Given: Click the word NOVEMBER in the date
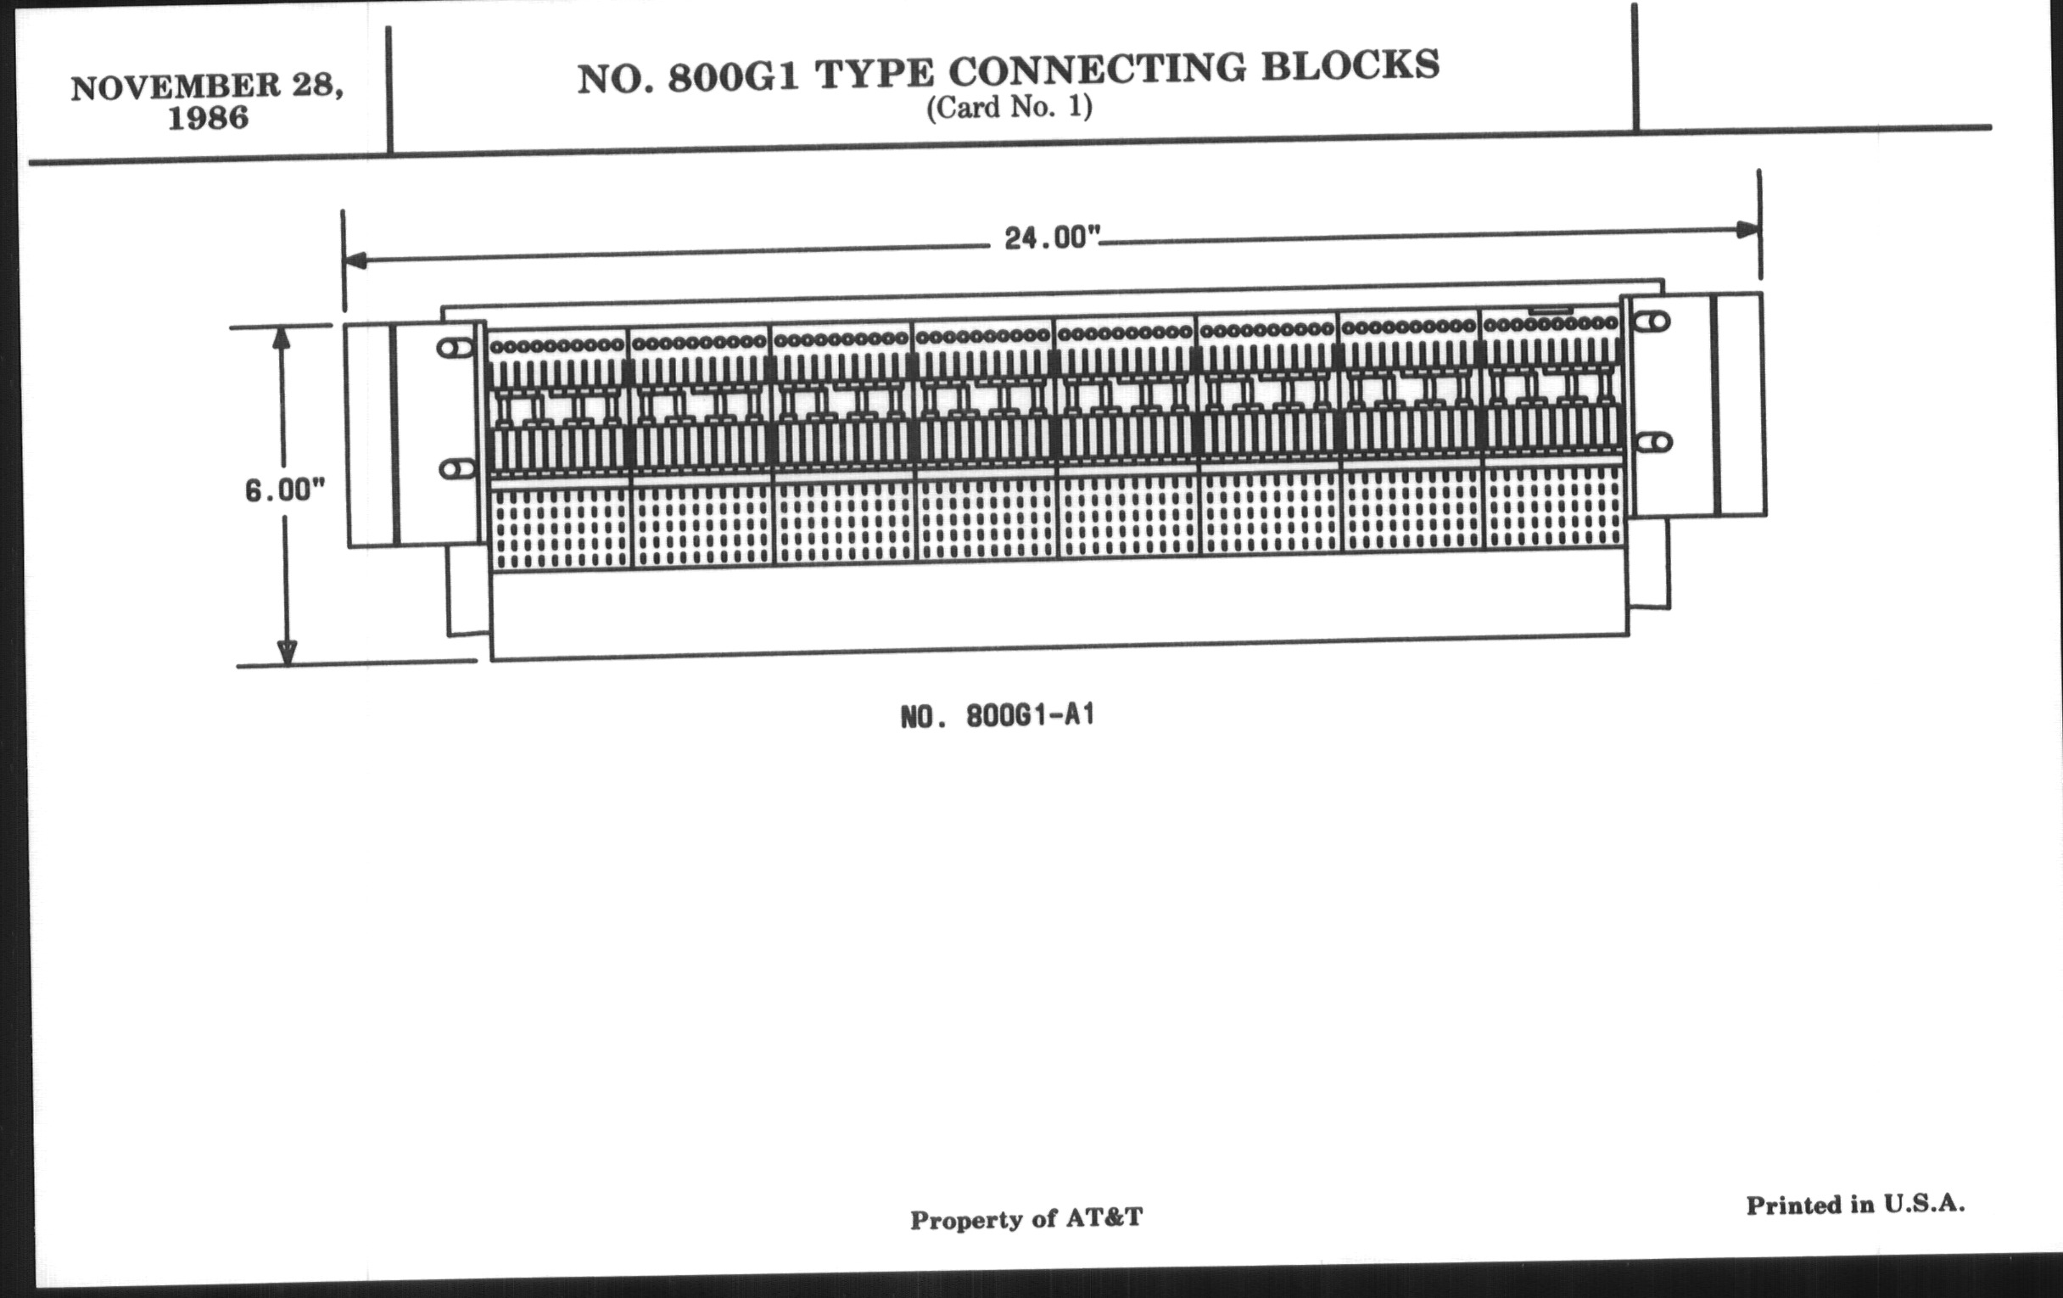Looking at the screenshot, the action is (176, 87).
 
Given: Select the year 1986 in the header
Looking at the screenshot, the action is (208, 118).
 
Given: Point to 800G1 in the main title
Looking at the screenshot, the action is (734, 77).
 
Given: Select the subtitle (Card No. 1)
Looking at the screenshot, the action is (1009, 107).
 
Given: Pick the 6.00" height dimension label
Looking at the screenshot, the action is (285, 490).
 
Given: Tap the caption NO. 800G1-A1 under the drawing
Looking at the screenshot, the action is (998, 716).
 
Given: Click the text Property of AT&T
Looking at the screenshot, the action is (1026, 1218).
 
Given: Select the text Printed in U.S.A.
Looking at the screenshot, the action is (1856, 1205).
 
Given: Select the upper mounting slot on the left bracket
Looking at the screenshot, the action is (455, 348).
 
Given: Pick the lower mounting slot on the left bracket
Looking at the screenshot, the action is (456, 469).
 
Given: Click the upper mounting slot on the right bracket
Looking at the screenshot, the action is (1652, 322).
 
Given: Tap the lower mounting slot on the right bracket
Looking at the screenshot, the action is (1653, 443).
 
